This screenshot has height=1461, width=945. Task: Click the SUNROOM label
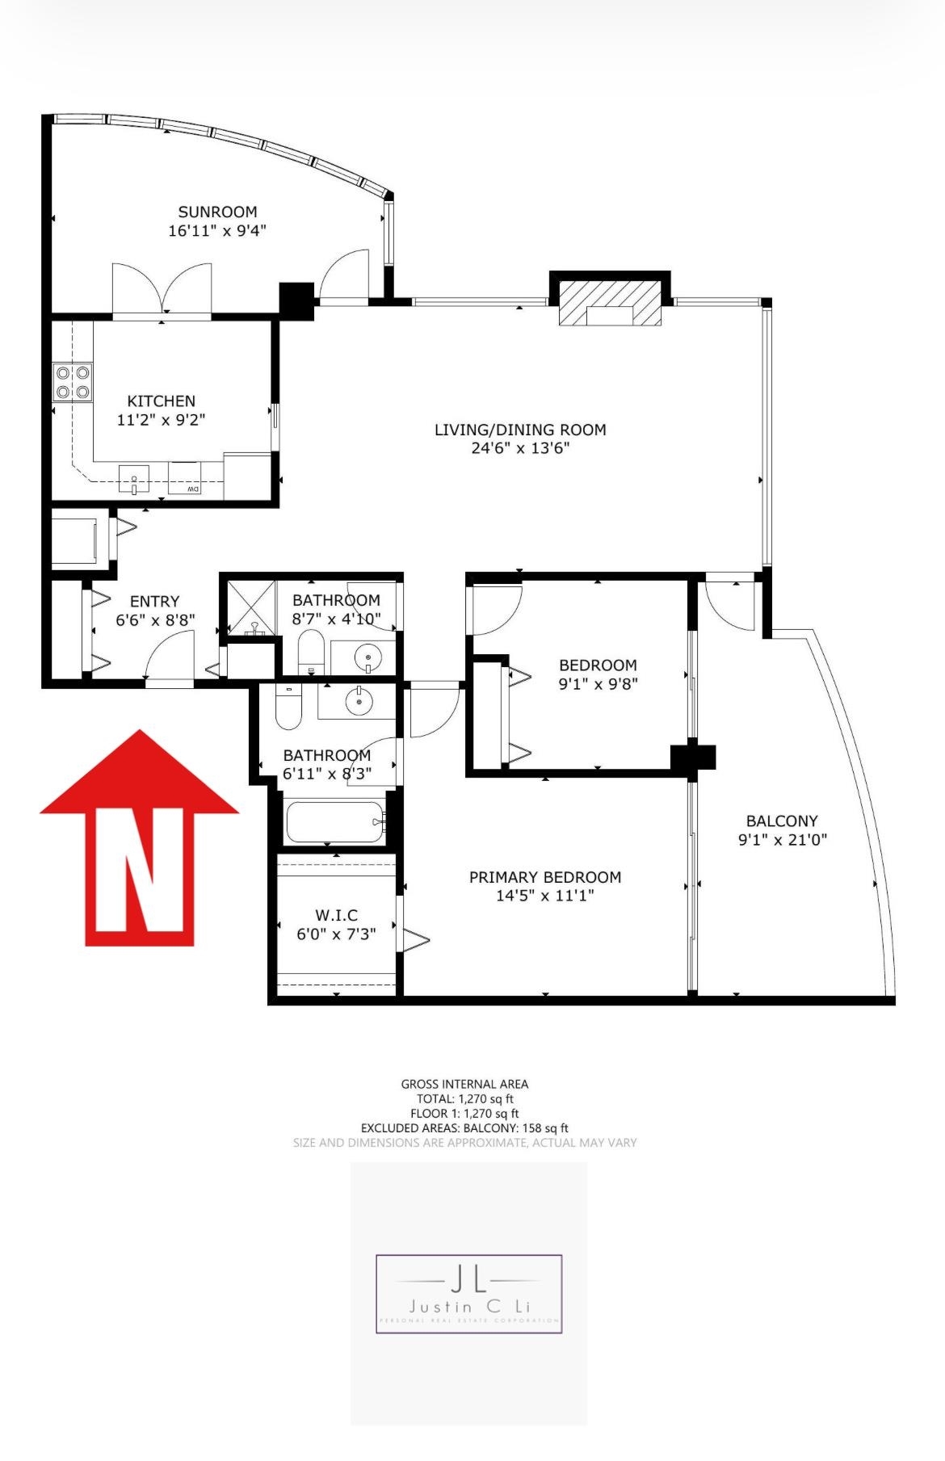pyautogui.click(x=217, y=212)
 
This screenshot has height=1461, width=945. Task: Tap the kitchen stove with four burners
pyautogui.click(x=73, y=382)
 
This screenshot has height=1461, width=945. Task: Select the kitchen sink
pyautogui.click(x=134, y=479)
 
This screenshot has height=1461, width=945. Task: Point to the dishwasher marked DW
pyautogui.click(x=185, y=478)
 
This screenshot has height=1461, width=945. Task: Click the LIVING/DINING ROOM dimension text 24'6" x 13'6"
pyautogui.click(x=520, y=448)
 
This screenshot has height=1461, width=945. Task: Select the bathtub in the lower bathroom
pyautogui.click(x=334, y=821)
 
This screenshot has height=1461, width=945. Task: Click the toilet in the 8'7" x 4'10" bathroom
pyautogui.click(x=311, y=650)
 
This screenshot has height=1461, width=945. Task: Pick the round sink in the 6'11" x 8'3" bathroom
pyautogui.click(x=359, y=702)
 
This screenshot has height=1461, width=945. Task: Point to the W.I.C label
pyautogui.click(x=336, y=915)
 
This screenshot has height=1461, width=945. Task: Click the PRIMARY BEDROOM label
pyautogui.click(x=545, y=877)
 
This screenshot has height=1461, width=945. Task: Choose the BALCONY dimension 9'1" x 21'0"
pyautogui.click(x=782, y=840)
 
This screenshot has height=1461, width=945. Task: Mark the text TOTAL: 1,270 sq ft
pyautogui.click(x=464, y=1098)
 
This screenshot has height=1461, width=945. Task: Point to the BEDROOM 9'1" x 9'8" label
pyautogui.click(x=598, y=665)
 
